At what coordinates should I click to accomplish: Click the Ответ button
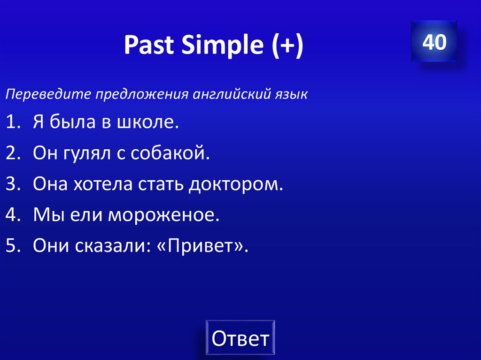point(240,338)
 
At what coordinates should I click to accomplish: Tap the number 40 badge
point(434,43)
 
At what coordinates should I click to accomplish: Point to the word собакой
point(171,153)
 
